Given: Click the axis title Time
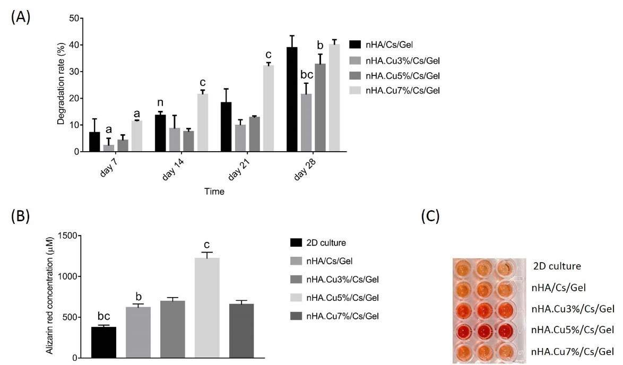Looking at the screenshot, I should pyautogui.click(x=214, y=192).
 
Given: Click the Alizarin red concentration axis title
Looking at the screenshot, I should pyautogui.click(x=49, y=296).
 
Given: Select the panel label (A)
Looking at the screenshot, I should pyautogui.click(x=20, y=16).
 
